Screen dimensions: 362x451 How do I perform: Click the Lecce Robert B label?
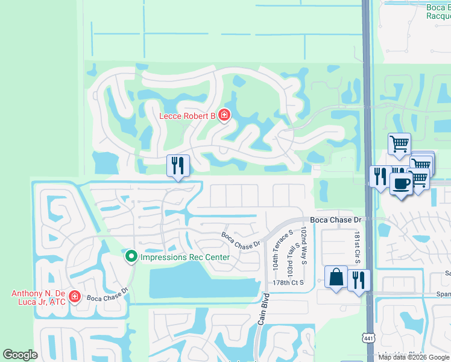188,115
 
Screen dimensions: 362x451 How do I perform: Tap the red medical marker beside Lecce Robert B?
224,115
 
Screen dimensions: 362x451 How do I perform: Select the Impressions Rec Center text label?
185,258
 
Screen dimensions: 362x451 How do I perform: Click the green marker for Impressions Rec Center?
131,257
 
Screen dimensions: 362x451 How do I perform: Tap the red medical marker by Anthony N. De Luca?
75,296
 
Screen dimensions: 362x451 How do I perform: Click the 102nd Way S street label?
304,244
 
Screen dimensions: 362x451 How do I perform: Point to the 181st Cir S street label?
357,244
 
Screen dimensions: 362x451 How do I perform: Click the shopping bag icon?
336,277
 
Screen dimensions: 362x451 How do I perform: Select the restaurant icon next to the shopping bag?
359,281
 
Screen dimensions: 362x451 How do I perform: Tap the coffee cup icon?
400,182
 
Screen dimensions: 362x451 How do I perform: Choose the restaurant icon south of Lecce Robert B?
178,165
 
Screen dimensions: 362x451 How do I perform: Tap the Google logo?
20,355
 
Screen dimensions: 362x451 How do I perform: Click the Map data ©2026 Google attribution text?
414,357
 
